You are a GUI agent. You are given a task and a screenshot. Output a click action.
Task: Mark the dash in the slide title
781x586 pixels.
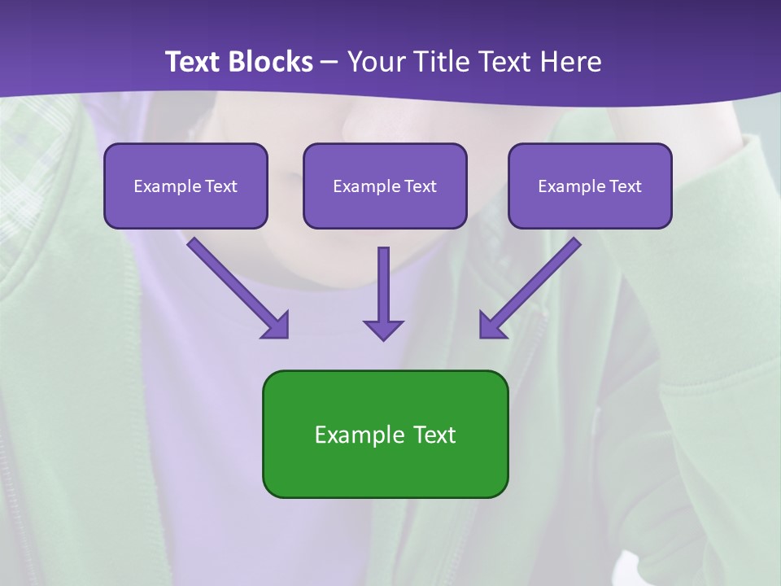(x=330, y=61)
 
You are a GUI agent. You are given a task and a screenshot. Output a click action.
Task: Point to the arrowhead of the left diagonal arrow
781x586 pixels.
(x=277, y=326)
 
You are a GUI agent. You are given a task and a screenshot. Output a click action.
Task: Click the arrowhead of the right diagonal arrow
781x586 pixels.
(x=491, y=326)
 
